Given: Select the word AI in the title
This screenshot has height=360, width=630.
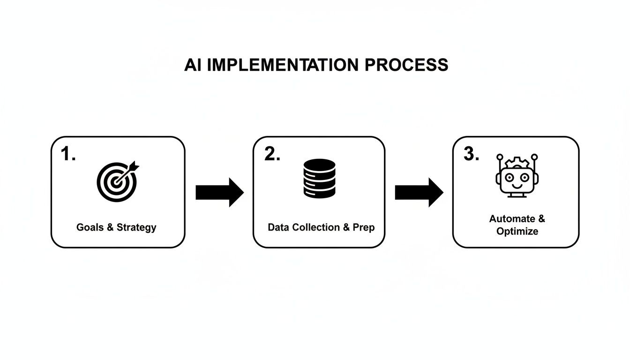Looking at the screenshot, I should click(x=193, y=65).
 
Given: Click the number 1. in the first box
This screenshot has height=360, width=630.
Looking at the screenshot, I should click(x=68, y=154).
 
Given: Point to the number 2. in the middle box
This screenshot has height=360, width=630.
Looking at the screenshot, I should click(x=272, y=154).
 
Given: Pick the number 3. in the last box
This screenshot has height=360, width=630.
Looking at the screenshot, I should click(x=471, y=154).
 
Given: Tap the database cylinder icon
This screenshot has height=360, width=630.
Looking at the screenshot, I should click(x=320, y=178).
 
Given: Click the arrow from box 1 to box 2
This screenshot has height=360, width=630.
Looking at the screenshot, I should click(x=219, y=192).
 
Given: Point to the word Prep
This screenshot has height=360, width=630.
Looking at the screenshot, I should click(x=364, y=228).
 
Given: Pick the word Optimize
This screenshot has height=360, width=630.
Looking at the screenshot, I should click(x=517, y=232).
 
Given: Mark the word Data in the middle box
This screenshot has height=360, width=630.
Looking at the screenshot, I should click(x=278, y=228).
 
